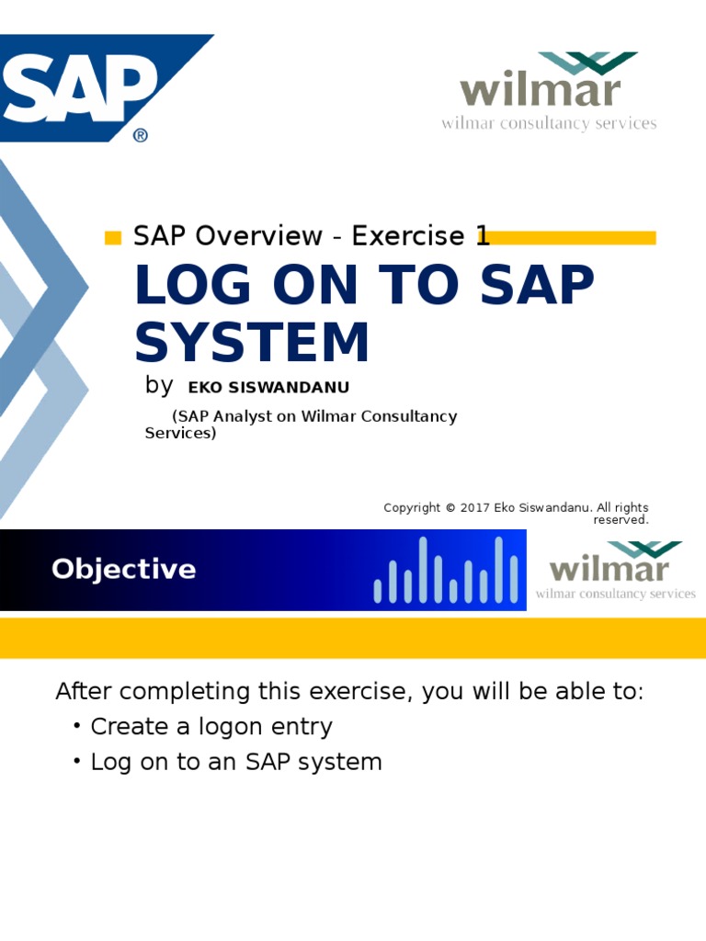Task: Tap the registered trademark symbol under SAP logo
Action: click(140, 135)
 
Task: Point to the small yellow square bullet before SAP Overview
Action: click(113, 239)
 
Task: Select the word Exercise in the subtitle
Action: click(407, 236)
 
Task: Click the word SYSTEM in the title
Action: click(252, 344)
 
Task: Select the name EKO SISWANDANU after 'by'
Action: click(268, 388)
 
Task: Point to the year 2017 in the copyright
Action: click(475, 508)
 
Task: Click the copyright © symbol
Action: click(450, 508)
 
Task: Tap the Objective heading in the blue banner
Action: click(124, 570)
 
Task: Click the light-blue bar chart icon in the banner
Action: click(446, 572)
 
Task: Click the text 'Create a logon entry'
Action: click(211, 727)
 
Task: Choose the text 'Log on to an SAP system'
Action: click(235, 762)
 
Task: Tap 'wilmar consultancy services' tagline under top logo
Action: click(549, 123)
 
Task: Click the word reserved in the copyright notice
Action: click(621, 520)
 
